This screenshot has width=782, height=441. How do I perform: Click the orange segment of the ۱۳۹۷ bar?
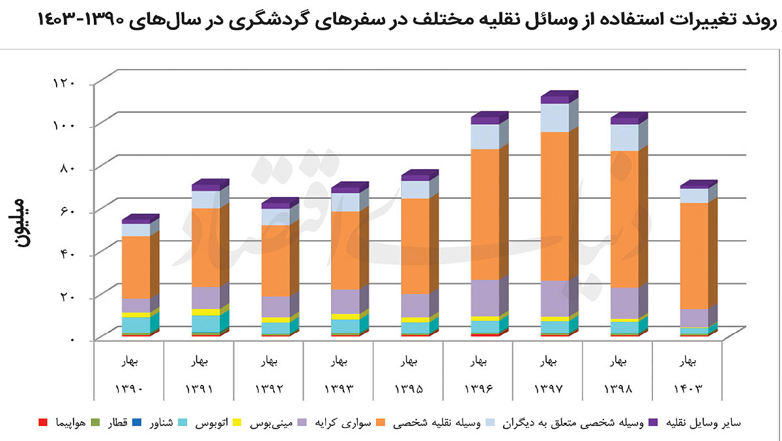coord(555,206)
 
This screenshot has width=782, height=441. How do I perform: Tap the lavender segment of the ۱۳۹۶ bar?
coord(485,298)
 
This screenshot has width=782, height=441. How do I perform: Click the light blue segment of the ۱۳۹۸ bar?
coord(624,138)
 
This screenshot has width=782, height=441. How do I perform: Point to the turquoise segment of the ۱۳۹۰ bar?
coord(136,324)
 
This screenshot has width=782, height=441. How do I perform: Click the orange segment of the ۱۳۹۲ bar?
coord(276,261)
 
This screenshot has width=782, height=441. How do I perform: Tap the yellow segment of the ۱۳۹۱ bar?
coord(206,312)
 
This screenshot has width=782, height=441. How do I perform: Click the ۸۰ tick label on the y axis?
coord(68,168)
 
